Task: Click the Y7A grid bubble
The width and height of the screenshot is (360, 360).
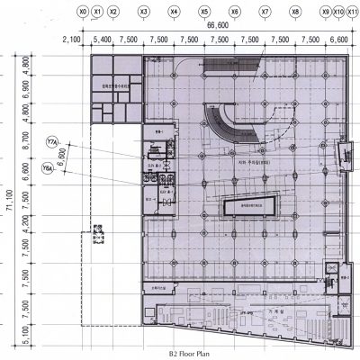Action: [x=51, y=143]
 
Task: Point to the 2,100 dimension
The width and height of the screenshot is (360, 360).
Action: [x=72, y=40]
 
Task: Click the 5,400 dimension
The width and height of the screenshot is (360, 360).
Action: [x=102, y=40]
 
